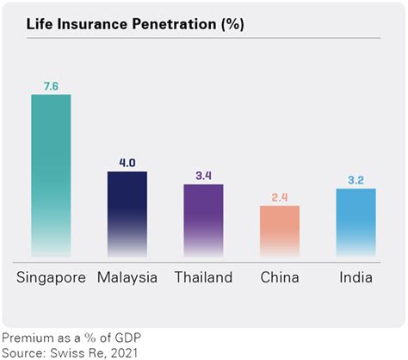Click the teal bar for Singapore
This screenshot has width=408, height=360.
coord(51,172)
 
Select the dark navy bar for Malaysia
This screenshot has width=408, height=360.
coord(127,211)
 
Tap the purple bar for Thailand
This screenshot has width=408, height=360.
coord(203,219)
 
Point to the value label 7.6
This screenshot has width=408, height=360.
coord(51,86)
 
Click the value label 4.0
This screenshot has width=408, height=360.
coord(127,163)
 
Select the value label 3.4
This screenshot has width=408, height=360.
coord(203,176)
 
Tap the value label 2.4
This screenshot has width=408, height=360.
coord(280,197)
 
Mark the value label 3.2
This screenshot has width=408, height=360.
coord(355,180)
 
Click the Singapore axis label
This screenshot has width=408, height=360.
coord(51,277)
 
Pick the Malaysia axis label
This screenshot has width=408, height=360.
coord(127,277)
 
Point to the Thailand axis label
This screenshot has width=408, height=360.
coord(203,277)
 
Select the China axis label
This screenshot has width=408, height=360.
coord(280,277)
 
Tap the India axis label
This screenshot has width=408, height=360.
coord(355,277)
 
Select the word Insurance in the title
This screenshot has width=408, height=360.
coord(95,25)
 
